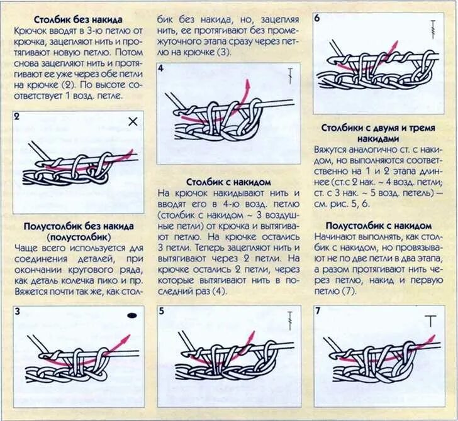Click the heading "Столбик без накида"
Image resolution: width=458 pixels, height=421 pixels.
click(78, 20)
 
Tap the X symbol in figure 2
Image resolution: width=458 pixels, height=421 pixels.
click(132, 122)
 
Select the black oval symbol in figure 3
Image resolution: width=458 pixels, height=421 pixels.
click(131, 315)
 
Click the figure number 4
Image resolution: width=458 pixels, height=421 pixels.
click(161, 68)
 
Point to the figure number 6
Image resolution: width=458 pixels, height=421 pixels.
click(317, 18)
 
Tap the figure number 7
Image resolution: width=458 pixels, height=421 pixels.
click(318, 311)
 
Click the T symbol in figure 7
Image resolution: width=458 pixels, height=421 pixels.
click(430, 320)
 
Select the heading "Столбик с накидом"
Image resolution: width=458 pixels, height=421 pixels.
click(229, 182)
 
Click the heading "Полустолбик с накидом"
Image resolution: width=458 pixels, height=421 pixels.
click(378, 225)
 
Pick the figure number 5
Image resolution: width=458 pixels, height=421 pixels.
click(161, 311)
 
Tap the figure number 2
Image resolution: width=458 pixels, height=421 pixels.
click(16, 116)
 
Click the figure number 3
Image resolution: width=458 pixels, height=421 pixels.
click(17, 311)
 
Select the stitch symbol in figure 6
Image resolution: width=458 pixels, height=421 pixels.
click(433, 28)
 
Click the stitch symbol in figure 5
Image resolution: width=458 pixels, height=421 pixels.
click(290, 320)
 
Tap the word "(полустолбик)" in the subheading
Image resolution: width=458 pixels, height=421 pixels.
click(78, 237)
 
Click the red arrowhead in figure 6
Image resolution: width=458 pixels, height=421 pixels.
click(395, 46)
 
